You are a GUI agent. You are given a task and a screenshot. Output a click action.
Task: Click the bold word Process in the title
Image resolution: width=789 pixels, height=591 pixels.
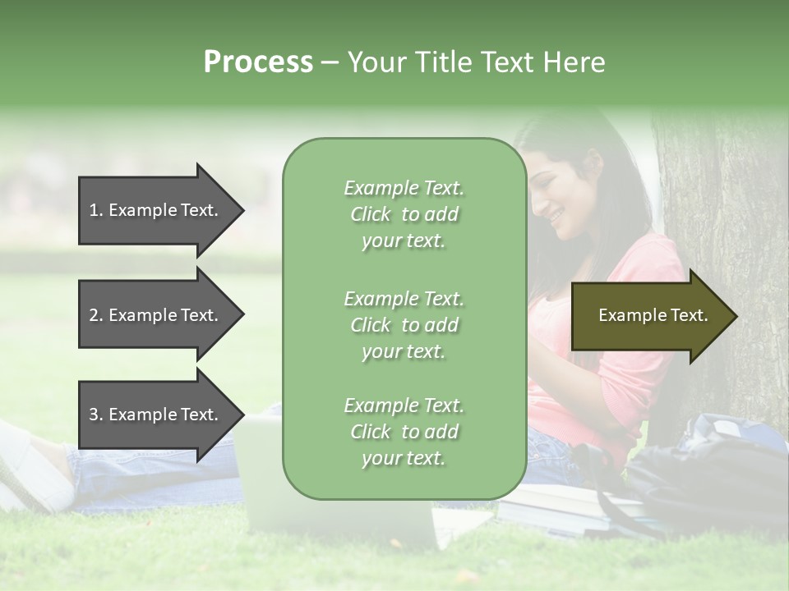tap(258, 62)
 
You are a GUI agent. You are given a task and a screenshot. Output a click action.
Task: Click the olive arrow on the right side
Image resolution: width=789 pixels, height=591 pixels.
tap(653, 316)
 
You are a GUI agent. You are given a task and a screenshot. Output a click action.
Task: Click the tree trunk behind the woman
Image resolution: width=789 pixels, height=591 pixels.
tap(723, 246)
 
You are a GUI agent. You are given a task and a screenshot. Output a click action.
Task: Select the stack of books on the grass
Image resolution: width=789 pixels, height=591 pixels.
tap(567, 505)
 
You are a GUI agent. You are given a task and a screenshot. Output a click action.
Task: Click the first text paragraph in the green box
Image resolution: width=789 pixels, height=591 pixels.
tap(404, 214)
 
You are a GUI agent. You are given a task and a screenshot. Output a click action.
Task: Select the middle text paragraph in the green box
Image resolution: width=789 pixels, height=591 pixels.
tap(404, 325)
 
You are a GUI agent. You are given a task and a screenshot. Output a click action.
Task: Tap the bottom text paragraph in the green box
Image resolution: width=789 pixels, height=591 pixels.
tap(404, 432)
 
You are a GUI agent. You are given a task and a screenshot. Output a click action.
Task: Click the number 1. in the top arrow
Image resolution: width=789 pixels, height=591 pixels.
tap(96, 210)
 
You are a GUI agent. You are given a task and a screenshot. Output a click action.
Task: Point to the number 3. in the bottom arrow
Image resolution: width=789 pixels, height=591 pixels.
tap(96, 415)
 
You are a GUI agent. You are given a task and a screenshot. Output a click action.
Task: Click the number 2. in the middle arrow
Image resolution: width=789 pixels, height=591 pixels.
tap(96, 315)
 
